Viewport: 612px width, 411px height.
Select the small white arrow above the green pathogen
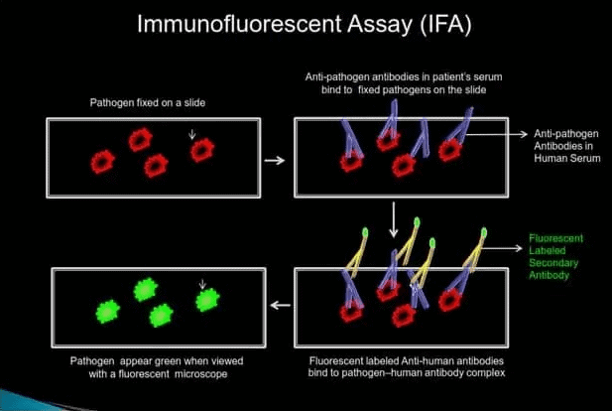pos(202,284)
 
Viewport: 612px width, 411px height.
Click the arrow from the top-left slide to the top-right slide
pos(278,159)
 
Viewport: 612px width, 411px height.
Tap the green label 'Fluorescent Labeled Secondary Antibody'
pos(556,256)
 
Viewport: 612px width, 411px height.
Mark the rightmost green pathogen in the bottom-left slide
pos(206,299)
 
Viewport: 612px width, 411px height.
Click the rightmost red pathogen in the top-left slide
pos(202,150)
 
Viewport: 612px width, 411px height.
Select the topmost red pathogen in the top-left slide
pos(140,140)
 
